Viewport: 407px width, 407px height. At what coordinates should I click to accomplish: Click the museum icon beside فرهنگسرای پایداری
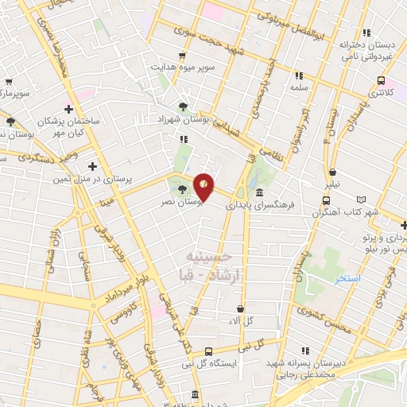(x=260, y=192)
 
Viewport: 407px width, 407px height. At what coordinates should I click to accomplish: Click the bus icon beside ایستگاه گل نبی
(x=208, y=351)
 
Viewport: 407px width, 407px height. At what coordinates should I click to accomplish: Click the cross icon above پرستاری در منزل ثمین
(x=93, y=166)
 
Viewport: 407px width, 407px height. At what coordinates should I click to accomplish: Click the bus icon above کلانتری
(x=382, y=80)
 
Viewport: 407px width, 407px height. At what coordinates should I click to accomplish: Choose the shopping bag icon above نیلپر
(x=332, y=171)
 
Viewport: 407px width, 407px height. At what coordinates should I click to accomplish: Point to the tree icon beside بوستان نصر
(x=184, y=189)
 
